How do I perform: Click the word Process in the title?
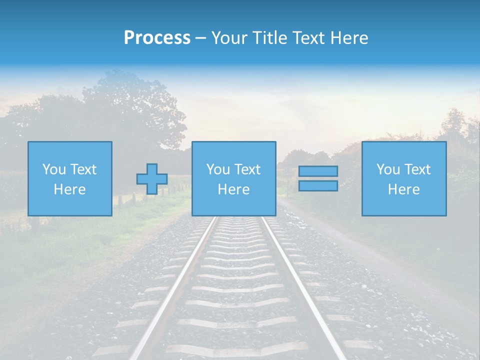pos(157,38)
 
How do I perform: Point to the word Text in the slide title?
pos(310,38)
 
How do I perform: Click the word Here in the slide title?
pos(350,38)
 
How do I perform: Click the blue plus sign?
pos(152,178)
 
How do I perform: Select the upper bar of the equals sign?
pos(318,171)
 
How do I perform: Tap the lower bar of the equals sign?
pos(318,185)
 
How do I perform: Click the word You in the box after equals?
pos(388,169)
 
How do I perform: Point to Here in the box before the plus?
pos(70,189)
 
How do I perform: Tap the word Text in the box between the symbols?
pos(248,169)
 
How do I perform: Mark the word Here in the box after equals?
pos(403,189)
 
